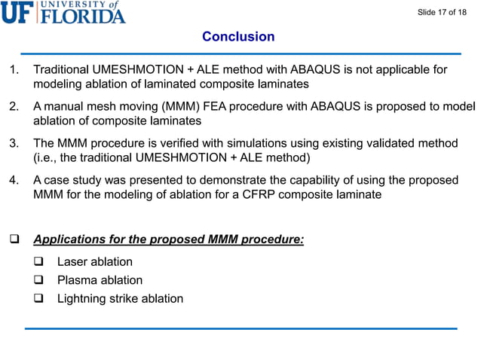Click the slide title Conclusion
tap(238, 37)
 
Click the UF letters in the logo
tap(18, 12)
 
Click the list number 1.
tap(13, 70)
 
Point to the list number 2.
tap(13, 107)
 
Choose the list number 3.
tap(13, 144)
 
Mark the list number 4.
tap(13, 181)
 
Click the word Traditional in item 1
tap(61, 70)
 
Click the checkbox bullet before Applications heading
tap(13, 240)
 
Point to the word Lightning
tap(84, 298)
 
